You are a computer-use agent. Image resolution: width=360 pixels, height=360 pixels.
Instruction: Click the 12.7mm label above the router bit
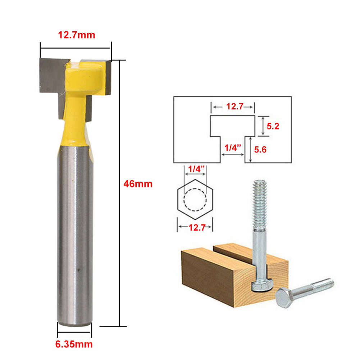click(x=77, y=35)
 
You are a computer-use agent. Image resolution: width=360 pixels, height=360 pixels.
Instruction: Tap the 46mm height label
click(x=138, y=184)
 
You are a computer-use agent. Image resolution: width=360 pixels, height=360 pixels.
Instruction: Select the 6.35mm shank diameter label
click(x=74, y=344)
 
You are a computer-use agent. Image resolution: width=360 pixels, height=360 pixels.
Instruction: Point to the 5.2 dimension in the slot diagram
click(x=273, y=126)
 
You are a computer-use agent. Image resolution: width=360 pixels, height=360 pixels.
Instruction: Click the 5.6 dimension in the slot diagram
click(x=260, y=150)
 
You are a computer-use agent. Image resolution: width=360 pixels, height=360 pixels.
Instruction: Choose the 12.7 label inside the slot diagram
click(x=234, y=106)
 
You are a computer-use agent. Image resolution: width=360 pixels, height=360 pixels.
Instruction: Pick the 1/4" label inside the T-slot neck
click(x=233, y=147)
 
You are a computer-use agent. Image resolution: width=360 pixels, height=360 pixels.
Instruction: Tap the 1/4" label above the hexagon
click(x=196, y=169)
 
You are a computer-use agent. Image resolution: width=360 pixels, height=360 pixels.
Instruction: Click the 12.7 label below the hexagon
click(x=197, y=228)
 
